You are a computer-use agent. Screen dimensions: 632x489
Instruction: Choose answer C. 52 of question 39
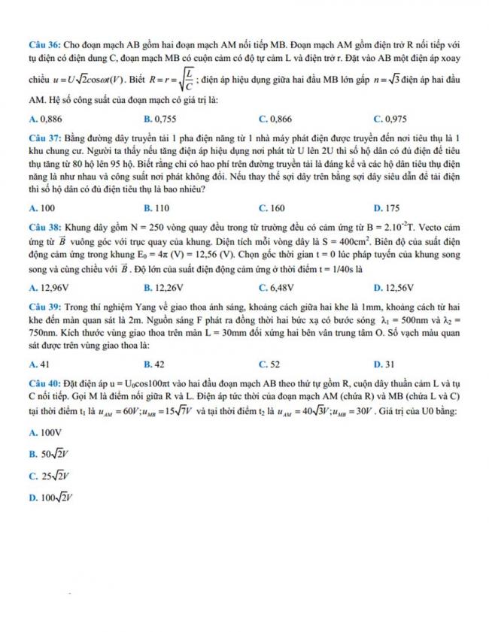pos(269,364)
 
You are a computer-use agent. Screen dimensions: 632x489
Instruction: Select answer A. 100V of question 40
pos(44,433)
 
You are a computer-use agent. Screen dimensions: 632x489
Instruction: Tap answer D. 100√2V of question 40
pos(48,497)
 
